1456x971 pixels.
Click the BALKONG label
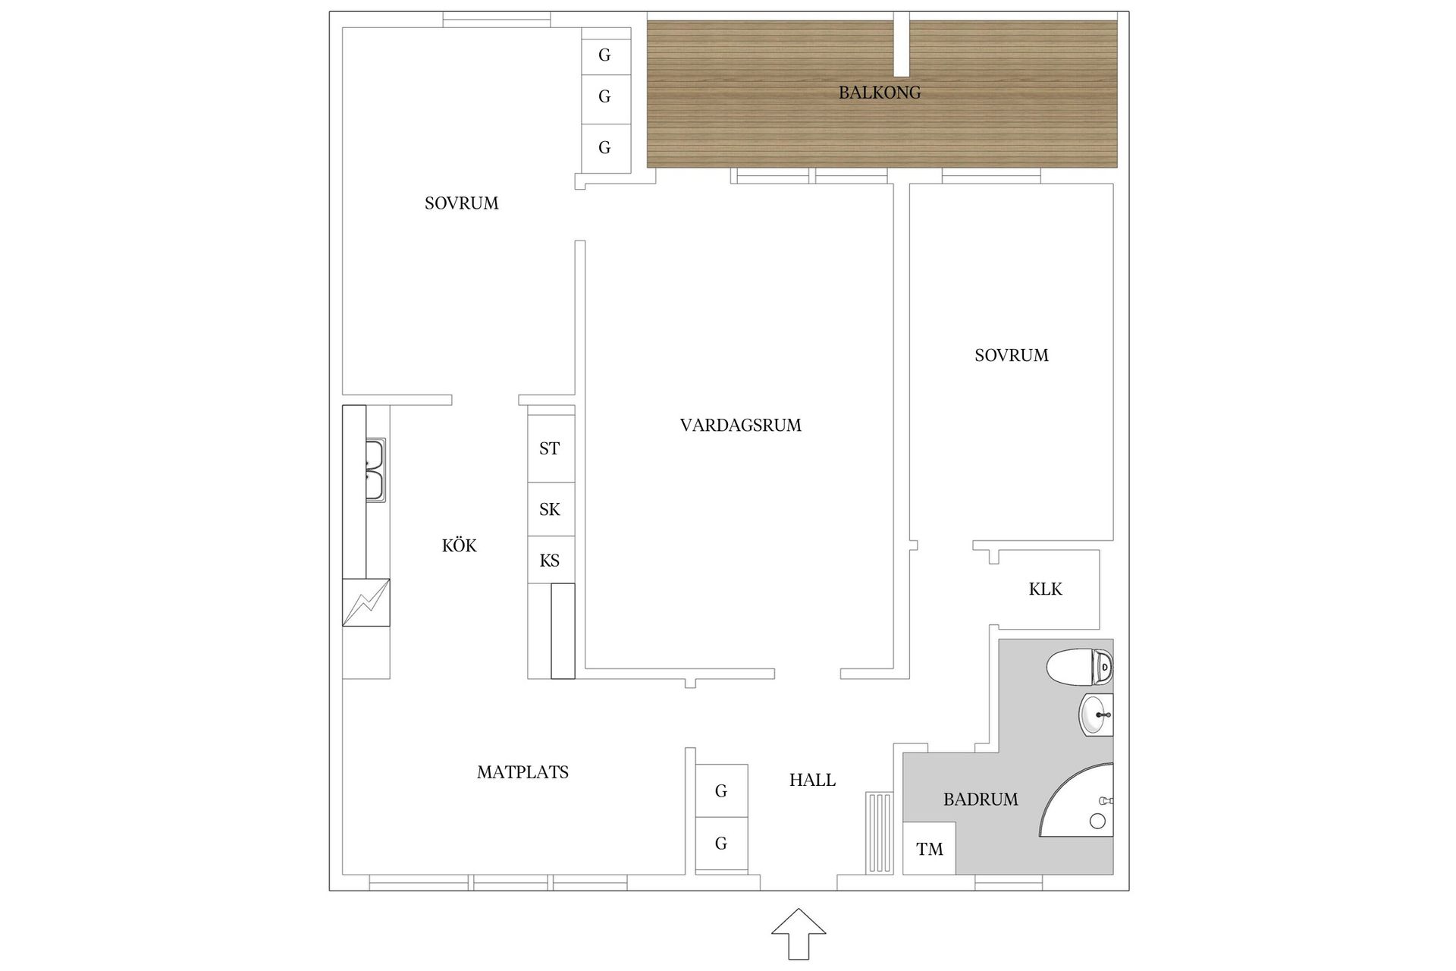tap(880, 93)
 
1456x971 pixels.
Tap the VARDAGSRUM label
tap(740, 426)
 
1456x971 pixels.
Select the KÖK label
tap(459, 545)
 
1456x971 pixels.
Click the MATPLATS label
tap(522, 772)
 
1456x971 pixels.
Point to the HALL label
tap(812, 780)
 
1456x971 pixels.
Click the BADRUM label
tap(981, 799)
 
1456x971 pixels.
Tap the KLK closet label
tap(1045, 589)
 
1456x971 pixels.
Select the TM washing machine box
tap(929, 849)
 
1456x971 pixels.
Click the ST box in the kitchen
tap(550, 448)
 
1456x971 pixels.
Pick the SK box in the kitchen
tap(550, 509)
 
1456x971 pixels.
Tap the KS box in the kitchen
tap(550, 561)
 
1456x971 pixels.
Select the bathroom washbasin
tap(1095, 715)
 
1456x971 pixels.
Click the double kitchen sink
tap(375, 470)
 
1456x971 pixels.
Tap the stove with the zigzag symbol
tap(366, 603)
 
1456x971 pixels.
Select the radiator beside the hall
tap(880, 832)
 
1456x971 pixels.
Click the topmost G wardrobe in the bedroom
tap(605, 55)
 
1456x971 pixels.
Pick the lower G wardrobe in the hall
tap(721, 843)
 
